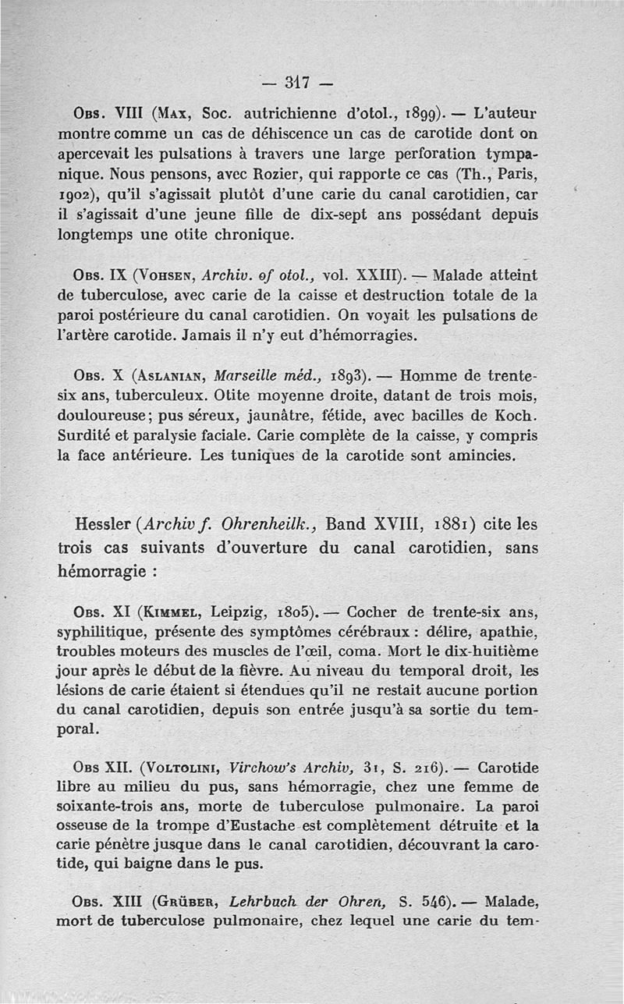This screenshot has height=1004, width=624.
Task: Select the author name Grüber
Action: pyautogui.click(x=185, y=903)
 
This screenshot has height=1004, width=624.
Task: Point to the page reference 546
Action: pyautogui.click(x=438, y=903)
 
